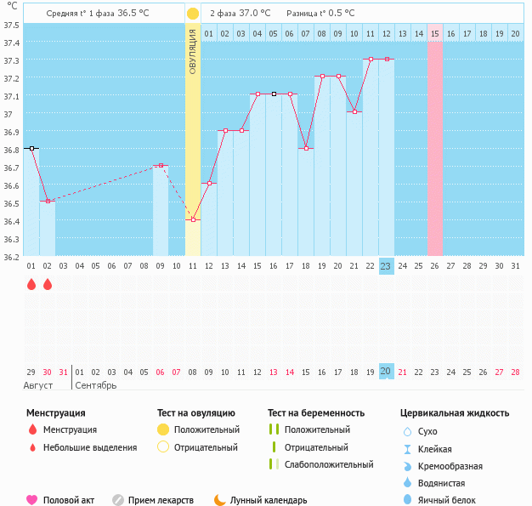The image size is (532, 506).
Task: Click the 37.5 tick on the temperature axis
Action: click(12, 25)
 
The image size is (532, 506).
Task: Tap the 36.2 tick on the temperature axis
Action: click(12, 256)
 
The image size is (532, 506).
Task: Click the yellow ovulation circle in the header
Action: click(193, 14)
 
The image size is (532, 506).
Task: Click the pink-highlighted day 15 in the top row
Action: click(435, 33)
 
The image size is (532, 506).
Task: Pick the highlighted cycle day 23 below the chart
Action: click(386, 266)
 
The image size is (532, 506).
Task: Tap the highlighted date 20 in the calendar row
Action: click(386, 372)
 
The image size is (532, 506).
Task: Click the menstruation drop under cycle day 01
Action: click(31, 286)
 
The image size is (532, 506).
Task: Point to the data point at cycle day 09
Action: click(161, 165)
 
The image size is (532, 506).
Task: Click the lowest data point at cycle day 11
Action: click(193, 219)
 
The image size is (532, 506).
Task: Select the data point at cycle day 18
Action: click(306, 148)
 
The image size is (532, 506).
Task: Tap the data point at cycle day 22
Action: click(371, 60)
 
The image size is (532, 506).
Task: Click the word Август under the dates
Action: click(38, 385)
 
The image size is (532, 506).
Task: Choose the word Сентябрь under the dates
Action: click(96, 385)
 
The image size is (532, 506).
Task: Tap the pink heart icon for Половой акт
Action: click(32, 500)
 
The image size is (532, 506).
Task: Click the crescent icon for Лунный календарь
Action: click(220, 500)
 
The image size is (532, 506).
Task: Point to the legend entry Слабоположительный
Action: click(329, 464)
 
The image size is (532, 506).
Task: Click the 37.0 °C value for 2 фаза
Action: click(255, 14)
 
